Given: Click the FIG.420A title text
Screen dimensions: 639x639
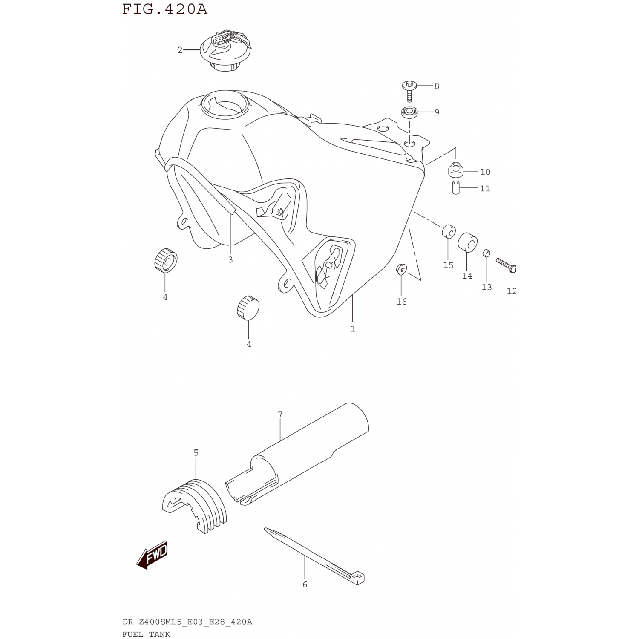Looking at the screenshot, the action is coord(165,9).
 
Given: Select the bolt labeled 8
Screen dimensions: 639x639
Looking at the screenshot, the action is coord(409,91).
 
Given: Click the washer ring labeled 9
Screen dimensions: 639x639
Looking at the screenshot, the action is coord(409,112).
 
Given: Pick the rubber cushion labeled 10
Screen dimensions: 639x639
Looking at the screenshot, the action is coord(455,170).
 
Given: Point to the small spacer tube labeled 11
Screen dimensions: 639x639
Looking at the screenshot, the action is coord(456,187).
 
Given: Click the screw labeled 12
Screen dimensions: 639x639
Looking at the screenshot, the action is coord(507,265).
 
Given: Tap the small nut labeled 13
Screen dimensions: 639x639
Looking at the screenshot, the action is coord(486,253).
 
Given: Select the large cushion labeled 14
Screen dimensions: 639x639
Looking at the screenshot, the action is coord(467,243).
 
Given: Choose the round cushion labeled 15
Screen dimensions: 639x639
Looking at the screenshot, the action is coord(449,231).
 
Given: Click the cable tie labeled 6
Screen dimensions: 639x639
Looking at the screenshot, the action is coord(314,556).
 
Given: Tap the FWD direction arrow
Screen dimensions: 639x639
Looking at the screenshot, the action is coord(152,555).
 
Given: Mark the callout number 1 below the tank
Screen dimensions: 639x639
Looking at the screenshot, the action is coord(353,329).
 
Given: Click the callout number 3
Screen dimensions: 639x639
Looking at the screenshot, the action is coord(230,259).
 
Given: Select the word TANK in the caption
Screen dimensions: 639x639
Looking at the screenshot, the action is coord(159,634).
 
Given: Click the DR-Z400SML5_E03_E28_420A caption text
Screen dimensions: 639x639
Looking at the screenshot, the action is coord(187,622).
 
